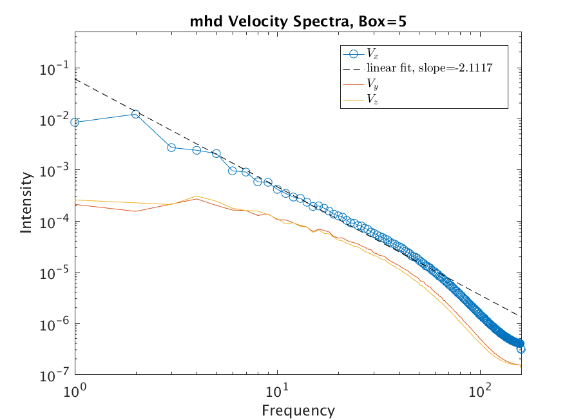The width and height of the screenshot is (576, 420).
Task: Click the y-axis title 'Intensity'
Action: pos(26,202)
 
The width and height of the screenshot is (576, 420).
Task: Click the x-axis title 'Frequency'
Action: pos(298,410)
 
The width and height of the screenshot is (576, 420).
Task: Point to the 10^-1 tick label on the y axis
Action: pos(55,69)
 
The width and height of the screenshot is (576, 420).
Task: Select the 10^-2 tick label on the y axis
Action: pos(55,120)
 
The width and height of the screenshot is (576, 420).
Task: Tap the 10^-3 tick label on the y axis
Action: pos(55,171)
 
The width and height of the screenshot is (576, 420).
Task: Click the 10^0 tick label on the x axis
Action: pos(76,390)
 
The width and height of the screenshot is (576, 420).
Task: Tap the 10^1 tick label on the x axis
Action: pos(278,390)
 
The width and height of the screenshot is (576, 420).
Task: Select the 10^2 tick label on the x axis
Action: pos(479,390)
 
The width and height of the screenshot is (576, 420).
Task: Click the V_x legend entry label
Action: pos(372,53)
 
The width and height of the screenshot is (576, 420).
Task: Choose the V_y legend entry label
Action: pos(372,83)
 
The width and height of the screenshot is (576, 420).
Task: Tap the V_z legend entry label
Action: pos(372,99)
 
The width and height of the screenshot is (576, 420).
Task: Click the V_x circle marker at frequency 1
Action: pos(76,122)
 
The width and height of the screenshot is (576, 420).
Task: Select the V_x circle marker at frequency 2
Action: pos(136,114)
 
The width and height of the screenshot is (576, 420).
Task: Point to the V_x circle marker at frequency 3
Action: pos(171,148)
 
